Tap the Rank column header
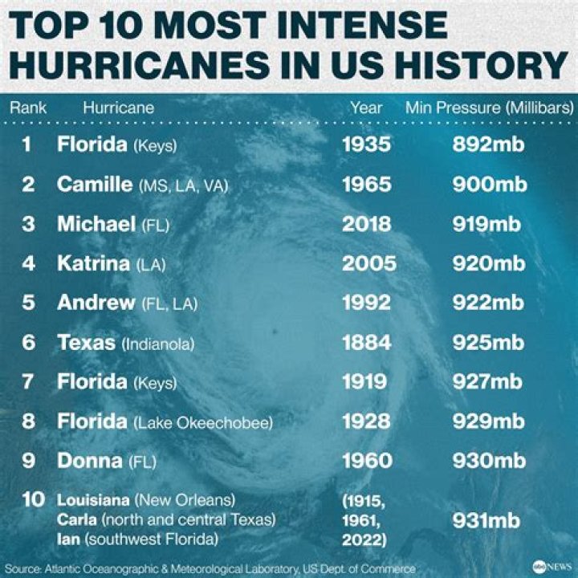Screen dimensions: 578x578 pyautogui.click(x=28, y=108)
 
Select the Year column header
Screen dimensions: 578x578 pyautogui.click(x=366, y=108)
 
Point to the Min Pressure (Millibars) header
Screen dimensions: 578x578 pyautogui.click(x=489, y=108)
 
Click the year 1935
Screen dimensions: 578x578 pyautogui.click(x=366, y=145)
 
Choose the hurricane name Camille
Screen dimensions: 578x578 pyautogui.click(x=94, y=185)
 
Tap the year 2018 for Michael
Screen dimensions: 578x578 pyautogui.click(x=367, y=224)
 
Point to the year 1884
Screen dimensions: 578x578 pyautogui.click(x=367, y=343)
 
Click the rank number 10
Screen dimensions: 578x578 pyautogui.click(x=33, y=500)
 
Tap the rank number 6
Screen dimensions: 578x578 pyautogui.click(x=29, y=343)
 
